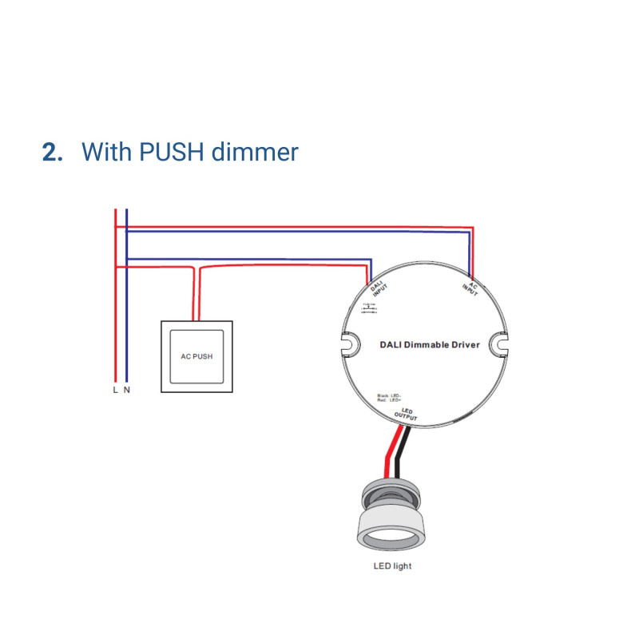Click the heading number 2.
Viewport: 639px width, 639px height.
(52, 152)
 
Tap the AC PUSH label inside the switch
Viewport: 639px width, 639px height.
(197, 356)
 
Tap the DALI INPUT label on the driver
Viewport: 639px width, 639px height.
(378, 290)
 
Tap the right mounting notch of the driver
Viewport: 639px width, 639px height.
(499, 343)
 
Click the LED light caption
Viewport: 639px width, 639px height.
(392, 567)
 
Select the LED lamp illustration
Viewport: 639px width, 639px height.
(392, 519)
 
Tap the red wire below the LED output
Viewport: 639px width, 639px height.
(389, 451)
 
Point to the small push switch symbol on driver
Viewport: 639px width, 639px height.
(369, 309)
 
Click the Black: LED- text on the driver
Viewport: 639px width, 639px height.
(389, 395)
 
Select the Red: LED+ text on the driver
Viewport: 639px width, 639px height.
(388, 399)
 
